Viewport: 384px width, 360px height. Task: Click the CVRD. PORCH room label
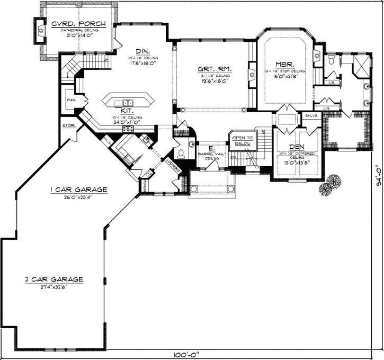coord(78,23)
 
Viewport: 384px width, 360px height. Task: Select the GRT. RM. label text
coord(215,69)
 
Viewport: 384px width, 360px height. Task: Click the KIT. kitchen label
coord(126,110)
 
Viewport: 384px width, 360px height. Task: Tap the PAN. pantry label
coord(70,99)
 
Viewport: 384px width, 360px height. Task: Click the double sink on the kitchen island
coord(128,102)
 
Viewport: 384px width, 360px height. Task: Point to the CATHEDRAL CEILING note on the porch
coord(78,30)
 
